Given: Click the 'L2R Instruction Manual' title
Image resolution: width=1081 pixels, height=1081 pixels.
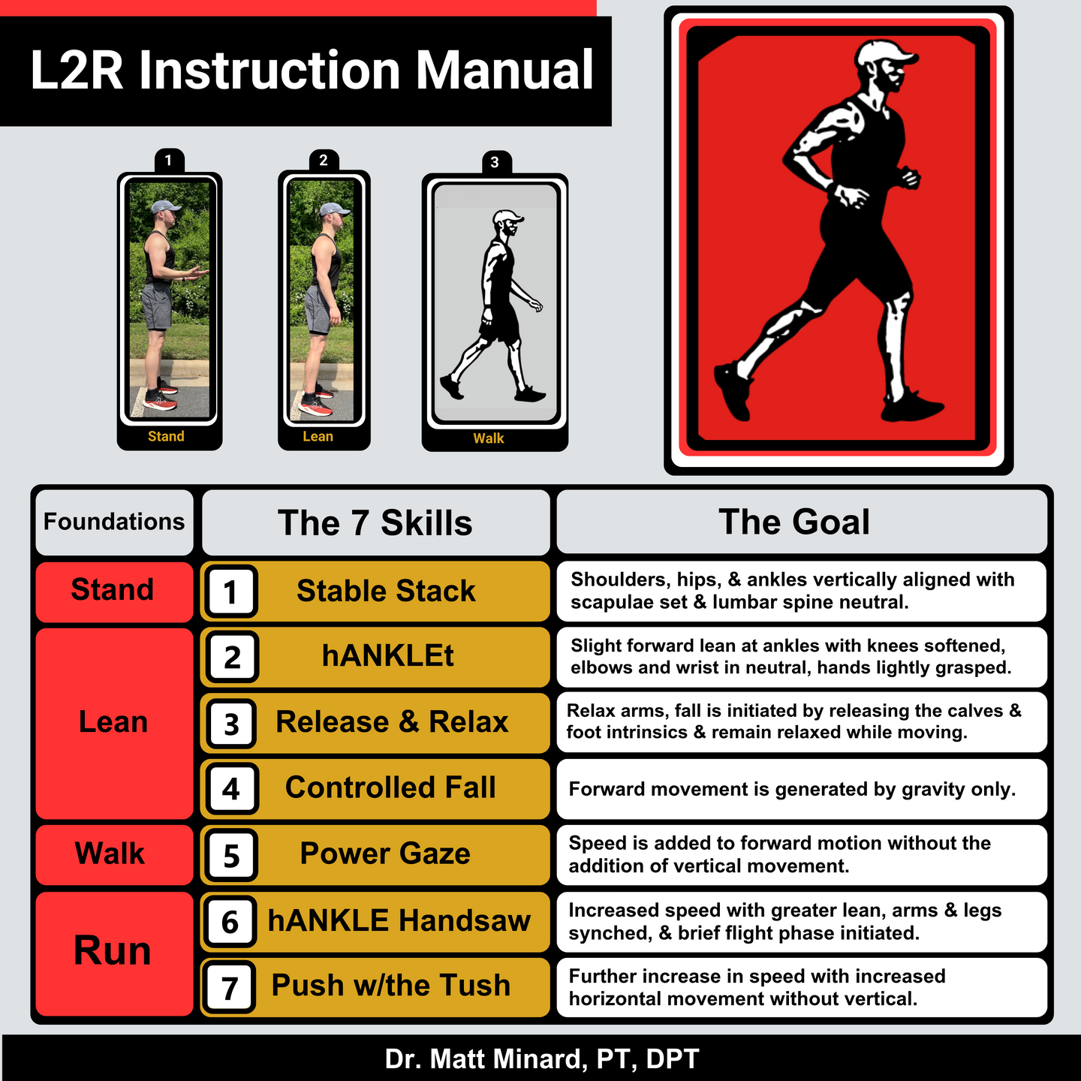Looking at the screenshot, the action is (312, 70).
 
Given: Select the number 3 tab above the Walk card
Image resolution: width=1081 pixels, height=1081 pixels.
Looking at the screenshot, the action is (496, 162).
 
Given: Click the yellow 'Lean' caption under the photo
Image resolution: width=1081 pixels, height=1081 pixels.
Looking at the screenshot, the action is (318, 436).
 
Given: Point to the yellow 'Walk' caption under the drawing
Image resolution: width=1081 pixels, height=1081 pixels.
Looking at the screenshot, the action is (489, 438).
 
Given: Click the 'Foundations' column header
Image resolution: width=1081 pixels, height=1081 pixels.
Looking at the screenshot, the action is (114, 522).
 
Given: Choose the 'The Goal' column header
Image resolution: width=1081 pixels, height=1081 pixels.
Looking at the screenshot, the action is (802, 522).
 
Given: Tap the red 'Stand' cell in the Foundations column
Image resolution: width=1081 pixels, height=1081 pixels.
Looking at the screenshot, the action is (114, 592).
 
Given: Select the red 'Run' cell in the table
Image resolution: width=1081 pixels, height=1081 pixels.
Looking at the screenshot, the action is (114, 953).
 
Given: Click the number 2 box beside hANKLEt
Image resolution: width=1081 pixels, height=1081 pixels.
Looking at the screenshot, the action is (232, 656).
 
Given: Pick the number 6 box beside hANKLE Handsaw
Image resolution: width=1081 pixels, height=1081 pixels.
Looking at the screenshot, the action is (230, 922).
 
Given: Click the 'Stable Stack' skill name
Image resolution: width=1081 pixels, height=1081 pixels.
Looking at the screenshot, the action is (386, 591).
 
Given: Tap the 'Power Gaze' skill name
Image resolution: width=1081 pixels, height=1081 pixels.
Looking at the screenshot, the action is (385, 854).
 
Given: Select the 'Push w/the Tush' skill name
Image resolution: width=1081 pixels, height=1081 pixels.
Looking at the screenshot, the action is (391, 985).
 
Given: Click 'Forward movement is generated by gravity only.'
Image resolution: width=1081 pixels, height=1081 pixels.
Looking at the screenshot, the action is (792, 789).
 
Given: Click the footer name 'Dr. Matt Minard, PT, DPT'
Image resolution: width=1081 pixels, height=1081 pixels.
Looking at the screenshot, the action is (542, 1058).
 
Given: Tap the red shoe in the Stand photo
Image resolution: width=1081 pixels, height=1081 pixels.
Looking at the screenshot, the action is (161, 401).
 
